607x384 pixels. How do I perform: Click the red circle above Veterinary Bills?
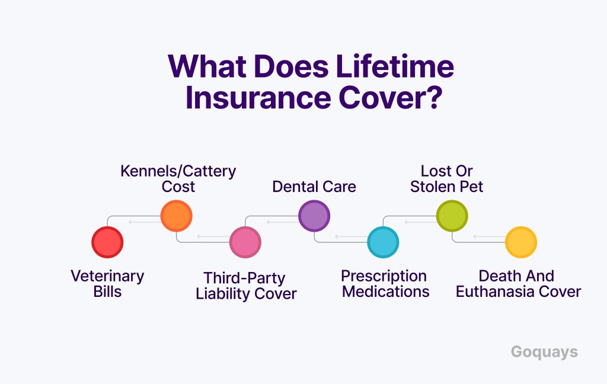[107, 242]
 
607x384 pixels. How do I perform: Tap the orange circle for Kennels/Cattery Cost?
[176, 216]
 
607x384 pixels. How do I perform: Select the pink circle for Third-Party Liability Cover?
[245, 242]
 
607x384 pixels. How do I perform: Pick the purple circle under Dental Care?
[314, 216]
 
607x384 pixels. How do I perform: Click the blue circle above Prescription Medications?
[383, 242]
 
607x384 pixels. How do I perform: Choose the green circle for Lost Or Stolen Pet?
[452, 216]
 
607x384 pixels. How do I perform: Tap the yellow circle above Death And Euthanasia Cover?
[520, 242]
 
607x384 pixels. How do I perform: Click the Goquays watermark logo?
[544, 352]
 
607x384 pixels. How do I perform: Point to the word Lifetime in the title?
[395, 66]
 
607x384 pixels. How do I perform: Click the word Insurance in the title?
[258, 97]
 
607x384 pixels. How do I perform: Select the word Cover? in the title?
[391, 97]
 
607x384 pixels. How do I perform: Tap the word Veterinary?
[107, 277]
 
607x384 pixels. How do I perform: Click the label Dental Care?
[314, 187]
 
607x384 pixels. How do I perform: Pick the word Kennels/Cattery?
[178, 171]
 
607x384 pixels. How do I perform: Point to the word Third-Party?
[244, 279]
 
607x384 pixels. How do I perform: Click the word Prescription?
[384, 277]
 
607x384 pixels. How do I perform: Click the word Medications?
[385, 292]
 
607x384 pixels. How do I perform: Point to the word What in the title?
[207, 66]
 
